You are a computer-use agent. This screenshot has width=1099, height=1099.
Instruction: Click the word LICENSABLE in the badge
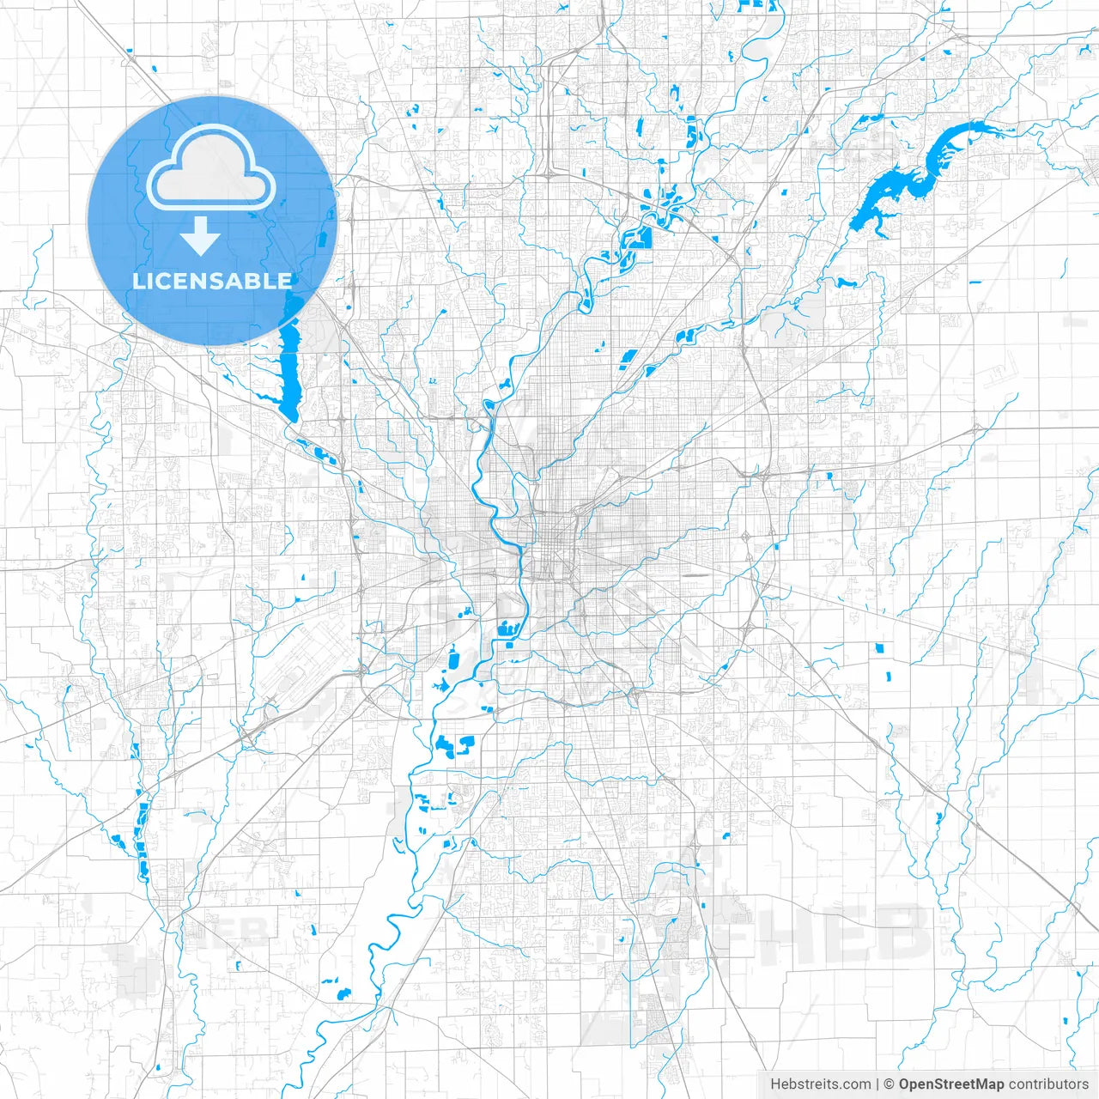(212, 281)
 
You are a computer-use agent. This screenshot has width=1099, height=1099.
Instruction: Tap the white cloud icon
(211, 167)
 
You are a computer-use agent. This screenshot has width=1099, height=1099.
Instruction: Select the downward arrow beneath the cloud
(201, 237)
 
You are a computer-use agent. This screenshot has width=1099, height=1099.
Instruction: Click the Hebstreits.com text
(820, 1084)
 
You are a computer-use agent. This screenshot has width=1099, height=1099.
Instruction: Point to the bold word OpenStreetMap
(951, 1084)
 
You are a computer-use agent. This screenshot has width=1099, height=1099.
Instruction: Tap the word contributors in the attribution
(1047, 1084)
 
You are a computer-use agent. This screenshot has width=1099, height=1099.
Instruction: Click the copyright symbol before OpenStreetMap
(890, 1084)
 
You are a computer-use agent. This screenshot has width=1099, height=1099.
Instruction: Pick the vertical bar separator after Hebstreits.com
(877, 1084)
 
